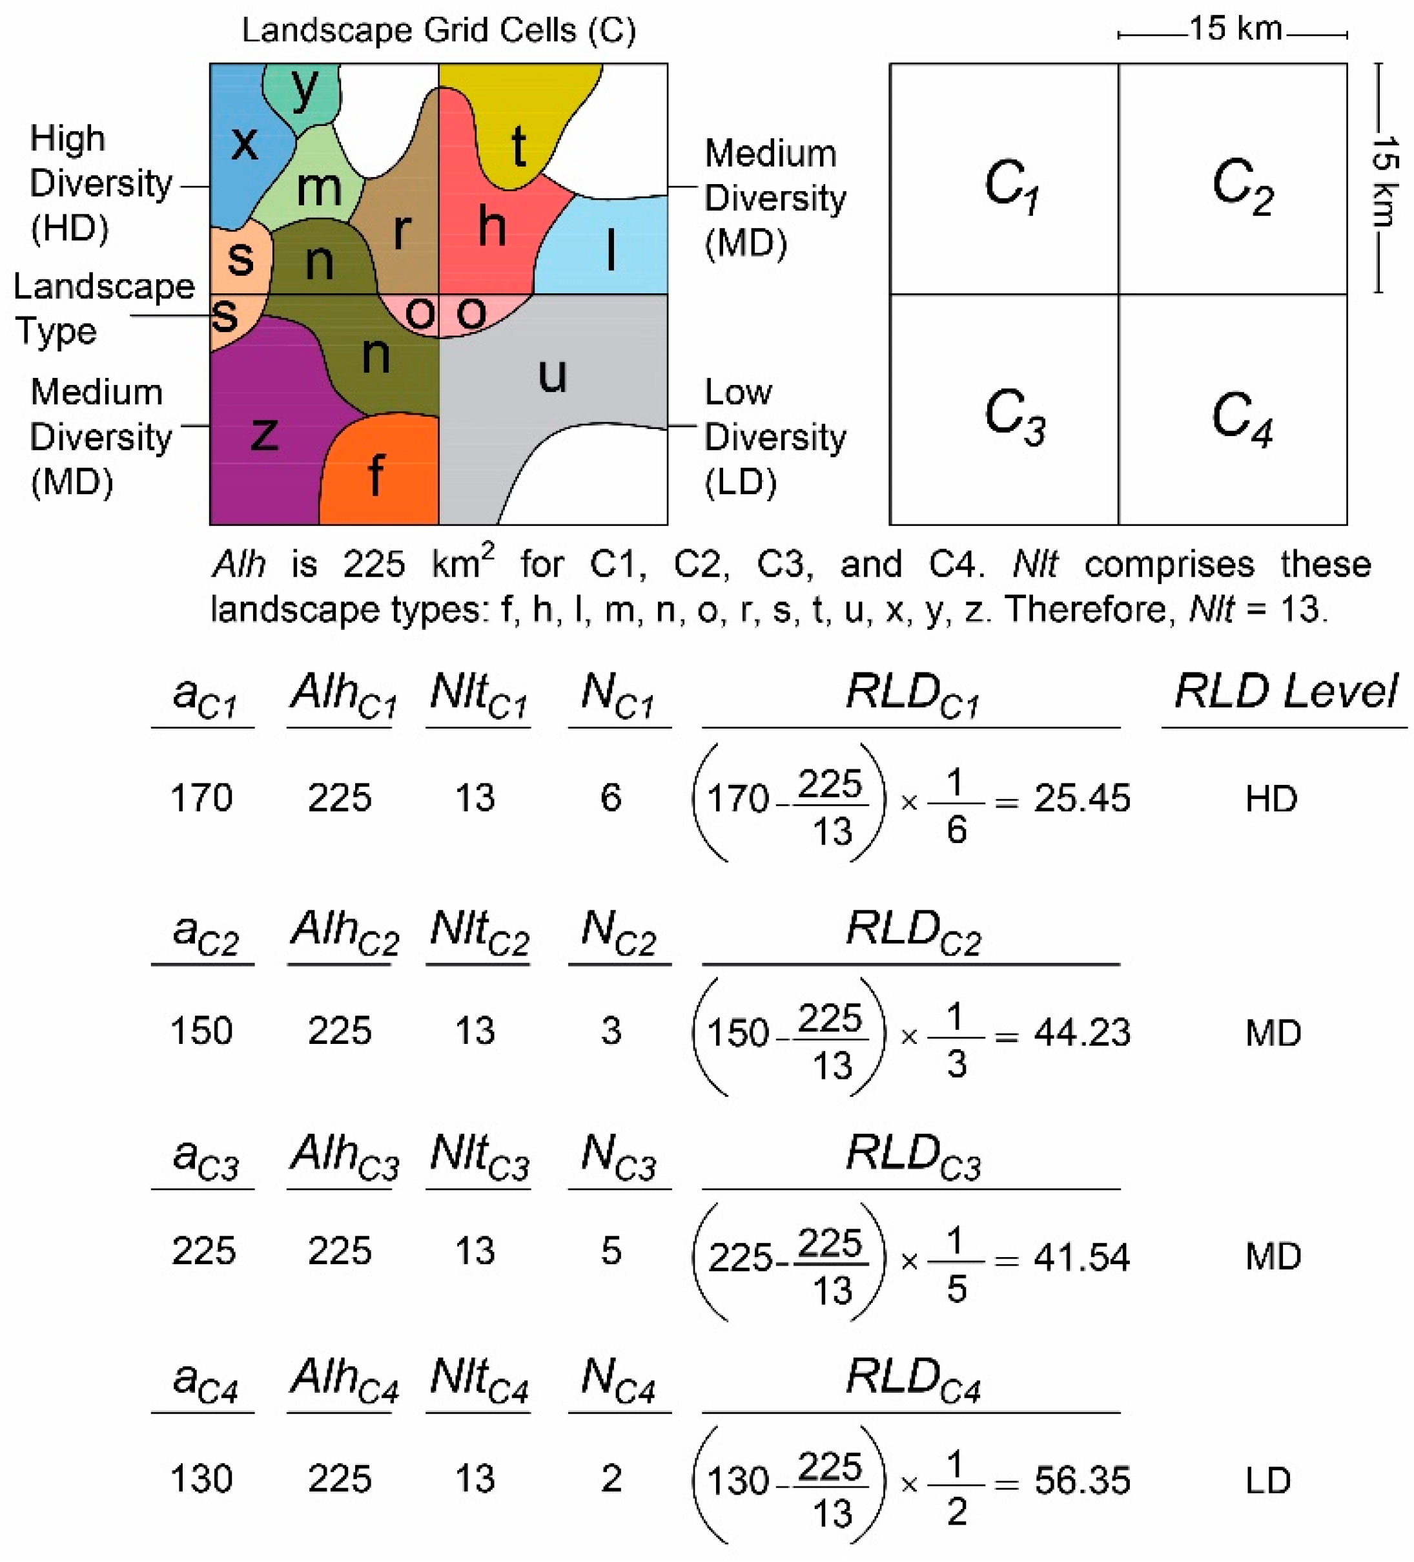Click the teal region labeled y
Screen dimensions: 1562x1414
303,89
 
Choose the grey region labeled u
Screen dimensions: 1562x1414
551,376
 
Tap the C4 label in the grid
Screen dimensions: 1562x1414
1242,419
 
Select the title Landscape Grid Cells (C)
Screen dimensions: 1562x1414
438,31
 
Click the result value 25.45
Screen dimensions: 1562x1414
1081,798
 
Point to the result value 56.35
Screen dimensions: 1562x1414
1081,1480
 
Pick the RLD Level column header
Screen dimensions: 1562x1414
1286,691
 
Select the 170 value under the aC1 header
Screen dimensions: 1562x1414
201,798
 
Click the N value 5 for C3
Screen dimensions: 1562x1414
611,1251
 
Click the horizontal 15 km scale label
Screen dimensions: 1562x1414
1235,30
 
